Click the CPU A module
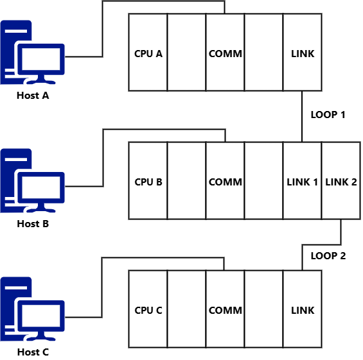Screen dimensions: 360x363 click(x=148, y=53)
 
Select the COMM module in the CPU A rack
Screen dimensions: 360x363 click(x=225, y=53)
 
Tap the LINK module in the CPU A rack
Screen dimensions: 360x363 click(x=302, y=53)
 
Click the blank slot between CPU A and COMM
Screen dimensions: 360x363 click(x=186, y=53)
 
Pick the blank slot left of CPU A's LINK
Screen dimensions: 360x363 click(x=263, y=53)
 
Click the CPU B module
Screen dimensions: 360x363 click(x=148, y=181)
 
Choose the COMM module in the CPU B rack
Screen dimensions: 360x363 click(x=225, y=181)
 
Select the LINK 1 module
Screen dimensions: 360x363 click(x=302, y=181)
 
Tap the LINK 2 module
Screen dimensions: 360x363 click(x=341, y=181)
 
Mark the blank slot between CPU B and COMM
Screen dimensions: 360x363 click(x=186, y=181)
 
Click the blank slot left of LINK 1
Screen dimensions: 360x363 click(x=263, y=181)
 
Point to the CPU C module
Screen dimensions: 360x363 click(x=148, y=309)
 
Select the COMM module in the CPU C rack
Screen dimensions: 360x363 click(x=225, y=309)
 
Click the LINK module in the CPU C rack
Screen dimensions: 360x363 click(x=302, y=309)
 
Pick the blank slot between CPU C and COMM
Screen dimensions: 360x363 click(x=186, y=309)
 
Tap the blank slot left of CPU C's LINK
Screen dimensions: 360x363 click(x=263, y=309)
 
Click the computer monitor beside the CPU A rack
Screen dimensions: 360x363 click(x=41, y=61)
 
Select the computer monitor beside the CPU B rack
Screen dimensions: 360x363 click(x=41, y=189)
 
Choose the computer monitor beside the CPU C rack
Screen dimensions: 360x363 click(x=41, y=318)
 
